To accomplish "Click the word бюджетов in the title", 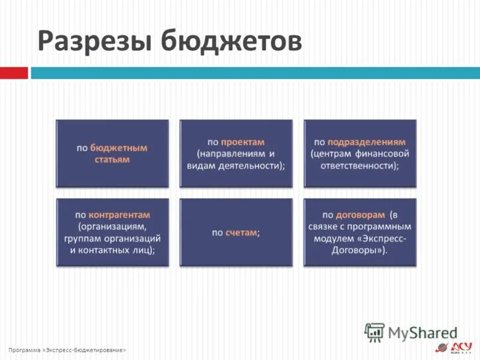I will point(231,41).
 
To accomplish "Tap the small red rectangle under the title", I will point(13,73).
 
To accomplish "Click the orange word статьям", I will point(112,160).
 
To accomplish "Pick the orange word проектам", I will point(242,142).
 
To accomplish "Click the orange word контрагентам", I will point(119,215).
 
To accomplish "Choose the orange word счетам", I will point(241,232).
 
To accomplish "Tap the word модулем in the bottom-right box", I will point(332,238).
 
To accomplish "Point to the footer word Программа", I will point(24,350).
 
